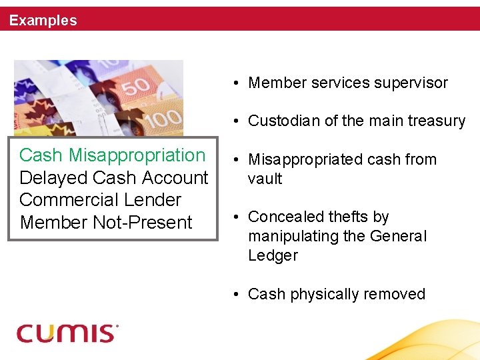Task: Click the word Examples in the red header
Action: point(43,21)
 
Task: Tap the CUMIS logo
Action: point(67,332)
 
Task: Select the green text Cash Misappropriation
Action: point(112,155)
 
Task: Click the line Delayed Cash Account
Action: point(113,178)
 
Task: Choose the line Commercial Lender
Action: point(100,200)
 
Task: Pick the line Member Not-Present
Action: point(106,223)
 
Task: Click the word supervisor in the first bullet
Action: point(409,83)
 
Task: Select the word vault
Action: point(265,179)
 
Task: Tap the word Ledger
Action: point(273,255)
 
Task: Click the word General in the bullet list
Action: point(399,236)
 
